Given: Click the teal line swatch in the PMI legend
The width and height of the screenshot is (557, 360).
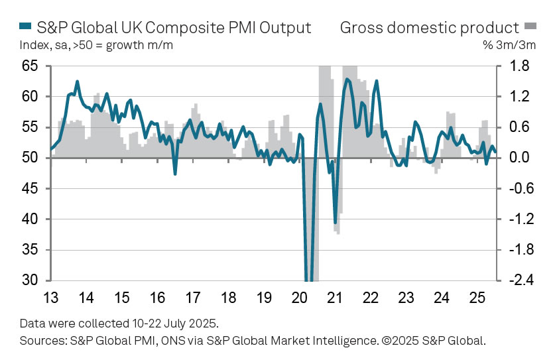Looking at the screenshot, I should [25, 28].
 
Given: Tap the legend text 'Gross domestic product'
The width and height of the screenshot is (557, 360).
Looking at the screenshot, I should [429, 28].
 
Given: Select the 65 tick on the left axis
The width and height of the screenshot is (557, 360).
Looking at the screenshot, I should [29, 66].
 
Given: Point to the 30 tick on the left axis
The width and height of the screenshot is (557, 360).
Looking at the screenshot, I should [29, 280].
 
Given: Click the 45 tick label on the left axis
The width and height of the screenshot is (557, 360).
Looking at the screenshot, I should [29, 189].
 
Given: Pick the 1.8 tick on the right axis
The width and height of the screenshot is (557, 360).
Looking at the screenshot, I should [519, 66].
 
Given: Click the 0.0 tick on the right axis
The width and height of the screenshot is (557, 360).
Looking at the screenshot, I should [519, 158].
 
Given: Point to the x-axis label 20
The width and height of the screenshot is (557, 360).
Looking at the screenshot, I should [299, 296].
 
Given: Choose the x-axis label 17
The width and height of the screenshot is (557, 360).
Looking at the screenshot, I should [192, 296].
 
